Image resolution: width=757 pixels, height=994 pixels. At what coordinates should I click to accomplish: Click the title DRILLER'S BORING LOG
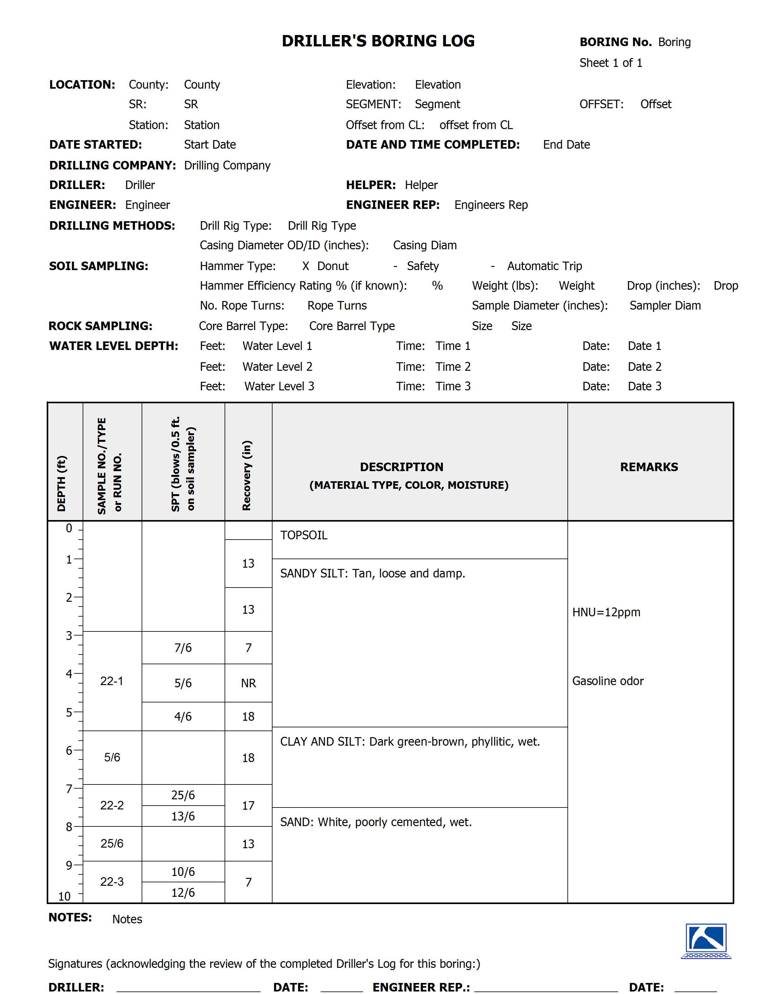pos(378,41)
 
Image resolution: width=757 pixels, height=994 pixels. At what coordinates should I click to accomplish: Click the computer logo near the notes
pos(706,941)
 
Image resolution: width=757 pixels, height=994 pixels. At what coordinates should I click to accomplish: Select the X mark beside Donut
pos(306,266)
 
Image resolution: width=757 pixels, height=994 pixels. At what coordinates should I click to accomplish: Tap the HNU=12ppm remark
pos(606,612)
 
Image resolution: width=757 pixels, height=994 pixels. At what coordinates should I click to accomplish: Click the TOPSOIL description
pos(304,535)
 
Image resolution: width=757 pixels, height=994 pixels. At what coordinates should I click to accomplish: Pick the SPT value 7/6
pos(183,648)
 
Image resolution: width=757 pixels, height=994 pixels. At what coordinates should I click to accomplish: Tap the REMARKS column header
pos(649,467)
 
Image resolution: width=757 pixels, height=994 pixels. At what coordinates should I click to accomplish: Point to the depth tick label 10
pos(64,896)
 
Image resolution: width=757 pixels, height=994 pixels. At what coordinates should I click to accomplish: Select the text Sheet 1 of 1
pos(611,63)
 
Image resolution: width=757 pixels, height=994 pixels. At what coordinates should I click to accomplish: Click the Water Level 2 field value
pos(277,366)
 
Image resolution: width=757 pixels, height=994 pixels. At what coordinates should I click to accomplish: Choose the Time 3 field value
pos(453,386)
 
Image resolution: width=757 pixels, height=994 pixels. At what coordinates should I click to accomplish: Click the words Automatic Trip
pos(544,266)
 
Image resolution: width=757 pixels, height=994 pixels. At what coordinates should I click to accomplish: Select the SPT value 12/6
pos(183,893)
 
